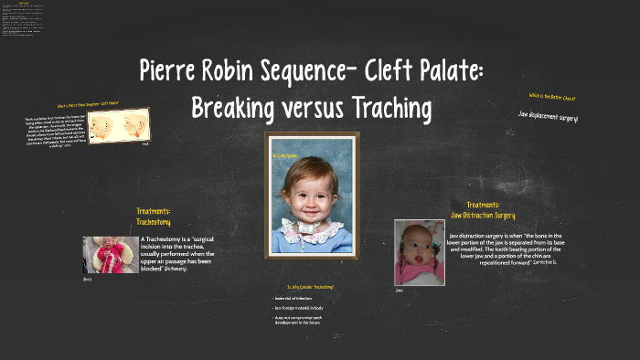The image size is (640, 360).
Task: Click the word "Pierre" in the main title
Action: click(173, 70)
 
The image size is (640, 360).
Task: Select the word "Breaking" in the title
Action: click(234, 108)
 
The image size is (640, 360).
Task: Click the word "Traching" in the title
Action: click(396, 108)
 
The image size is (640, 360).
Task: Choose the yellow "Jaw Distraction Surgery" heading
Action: click(496, 216)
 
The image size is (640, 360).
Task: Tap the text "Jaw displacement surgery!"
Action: click(548, 118)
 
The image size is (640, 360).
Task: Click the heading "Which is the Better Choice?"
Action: click(551, 96)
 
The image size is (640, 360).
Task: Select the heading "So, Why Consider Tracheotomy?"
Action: click(311, 287)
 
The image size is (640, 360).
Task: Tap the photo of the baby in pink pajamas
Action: click(111, 255)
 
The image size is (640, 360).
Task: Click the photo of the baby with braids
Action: click(420, 251)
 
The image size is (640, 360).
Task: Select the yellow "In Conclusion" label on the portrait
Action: click(284, 156)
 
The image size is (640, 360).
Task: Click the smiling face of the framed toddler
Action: click(312, 190)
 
